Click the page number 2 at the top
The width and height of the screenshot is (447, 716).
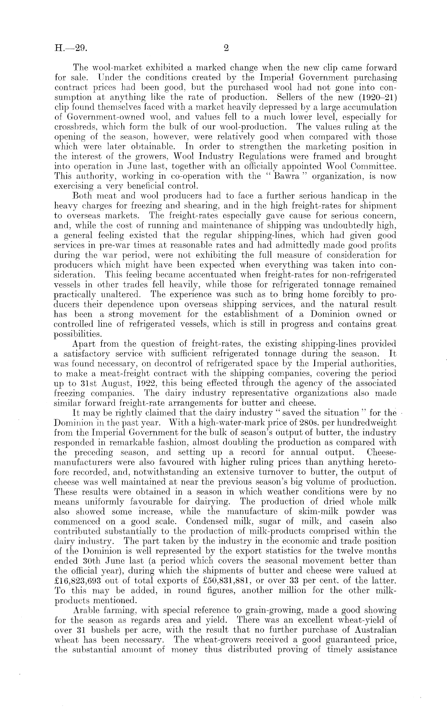point(226,48)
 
